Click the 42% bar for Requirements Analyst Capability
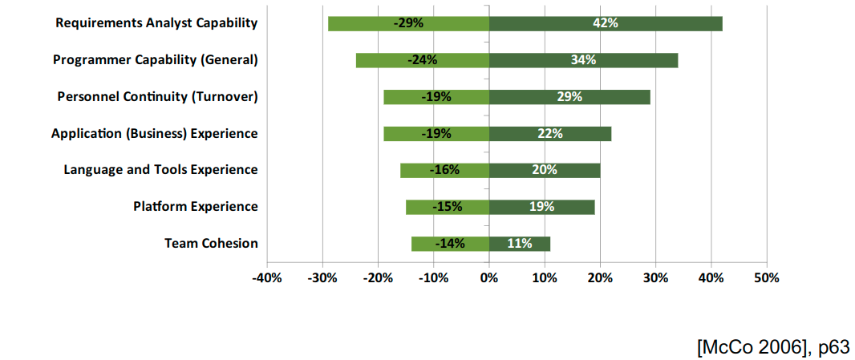coord(606,23)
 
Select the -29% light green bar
coord(408,23)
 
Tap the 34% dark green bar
coord(583,60)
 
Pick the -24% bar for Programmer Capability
coord(422,60)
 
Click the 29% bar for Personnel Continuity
coord(569,97)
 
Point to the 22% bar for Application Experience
coord(550,133)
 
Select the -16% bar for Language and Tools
coord(444,170)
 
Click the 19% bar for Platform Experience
coord(541,207)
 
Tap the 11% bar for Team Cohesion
coord(520,244)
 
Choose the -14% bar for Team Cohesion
coord(450,244)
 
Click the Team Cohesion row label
coord(211,243)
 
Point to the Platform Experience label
coord(196,207)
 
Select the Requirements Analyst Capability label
coord(156,23)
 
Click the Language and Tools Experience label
coord(160,170)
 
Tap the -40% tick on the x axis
coord(266,277)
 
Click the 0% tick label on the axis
coord(489,277)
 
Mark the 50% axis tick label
coord(767,277)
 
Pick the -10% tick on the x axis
coord(433,277)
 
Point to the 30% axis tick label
coord(655,277)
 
